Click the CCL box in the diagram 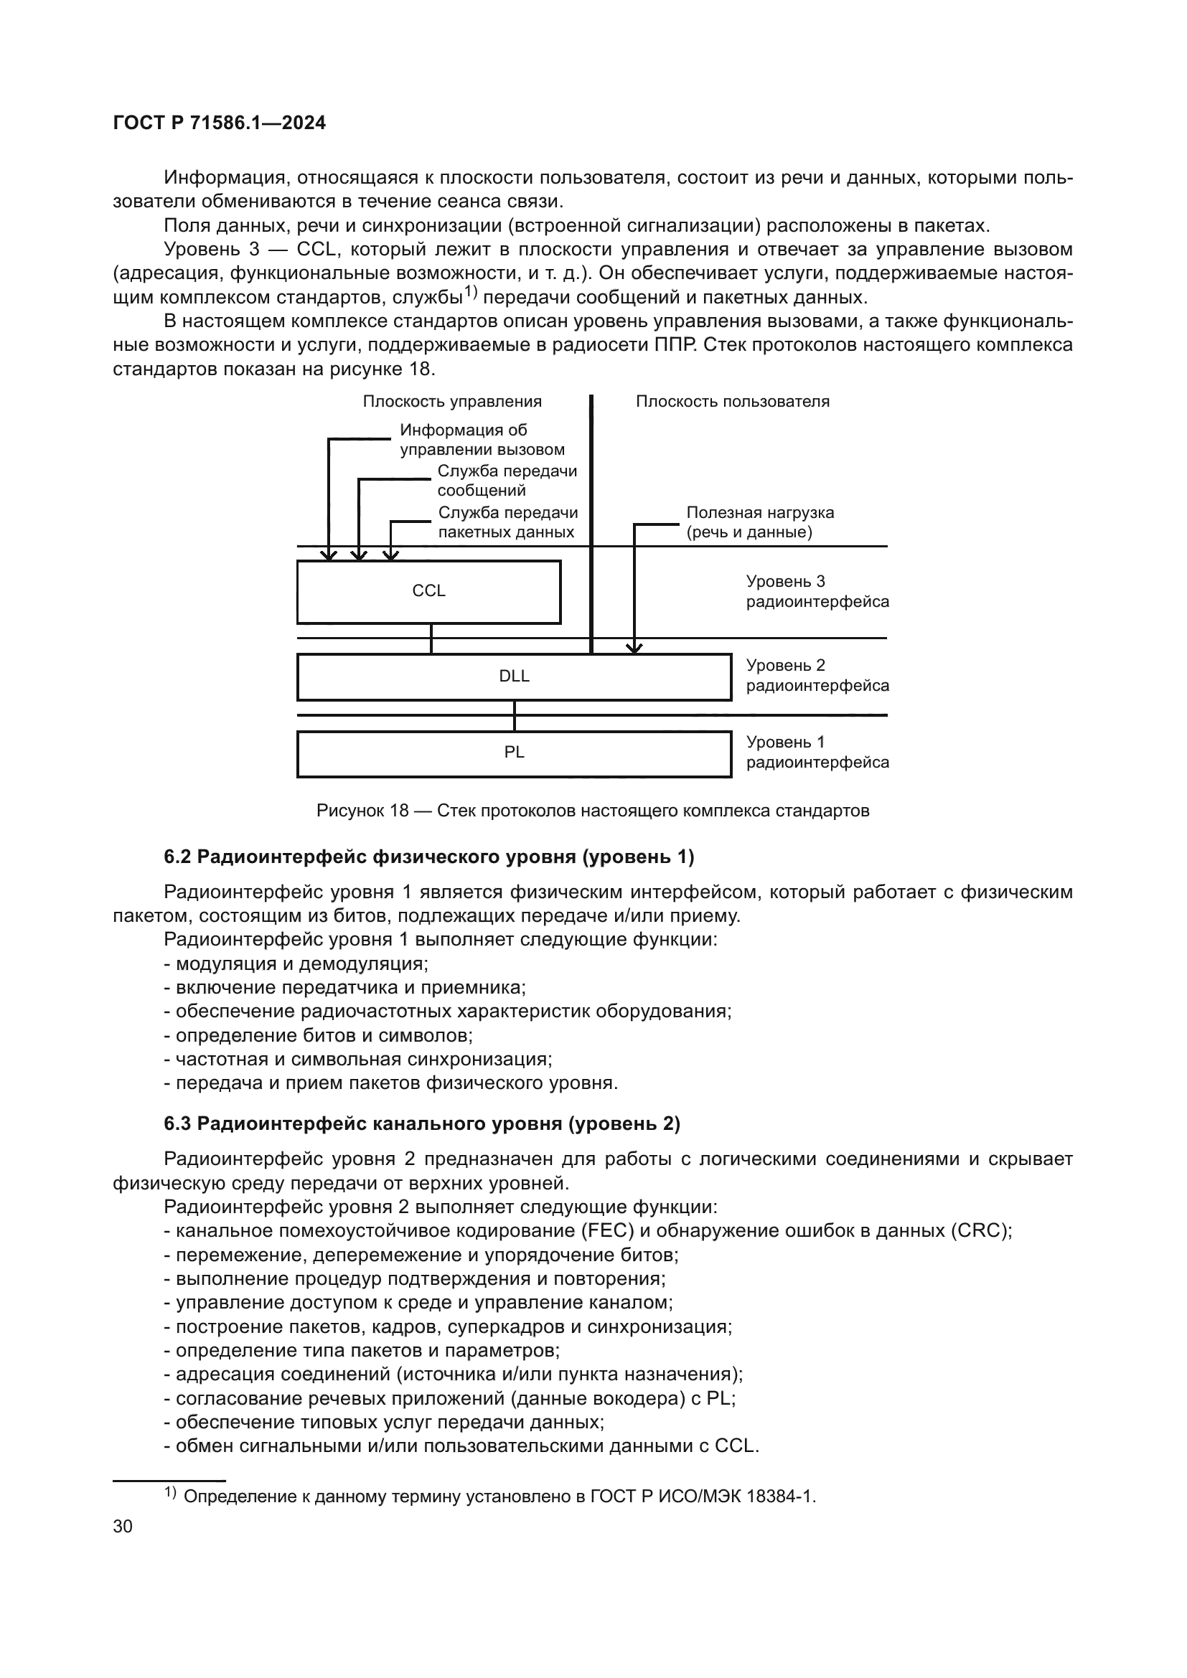click(x=428, y=591)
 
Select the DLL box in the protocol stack click(x=514, y=677)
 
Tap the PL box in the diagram click(x=514, y=753)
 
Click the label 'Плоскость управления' click(x=451, y=401)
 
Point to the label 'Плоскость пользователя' click(x=733, y=401)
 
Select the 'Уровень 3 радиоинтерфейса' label click(x=817, y=591)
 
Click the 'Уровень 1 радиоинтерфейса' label click(x=817, y=752)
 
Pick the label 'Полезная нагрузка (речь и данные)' click(x=759, y=522)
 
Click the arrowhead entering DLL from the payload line click(x=634, y=648)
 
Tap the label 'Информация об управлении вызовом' click(x=482, y=440)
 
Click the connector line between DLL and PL click(x=515, y=715)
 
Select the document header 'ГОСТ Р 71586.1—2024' click(x=220, y=123)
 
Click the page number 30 click(x=123, y=1526)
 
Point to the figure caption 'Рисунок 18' click(x=362, y=811)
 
